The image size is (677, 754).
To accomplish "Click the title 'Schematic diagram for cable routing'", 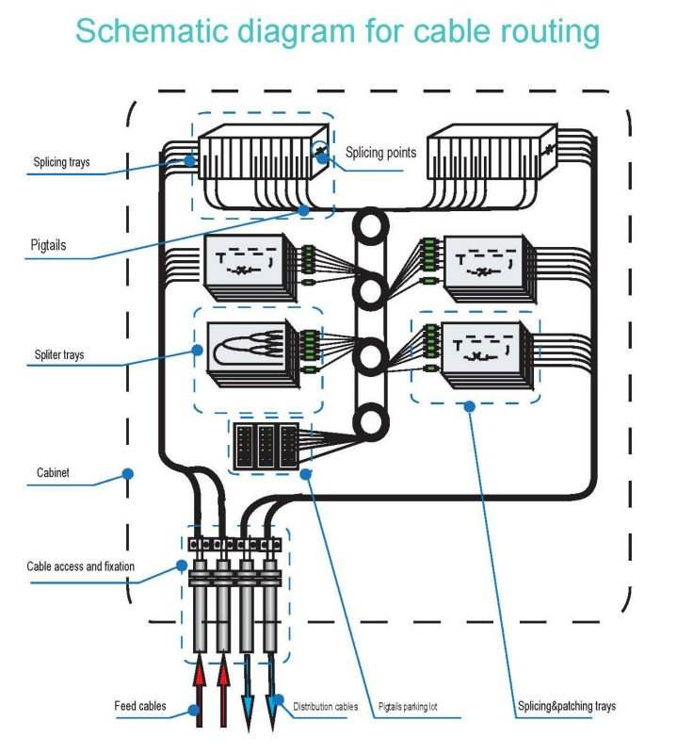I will coord(337,31).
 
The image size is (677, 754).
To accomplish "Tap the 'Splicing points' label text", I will coord(380,152).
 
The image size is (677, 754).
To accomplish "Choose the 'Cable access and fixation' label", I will coord(80,566).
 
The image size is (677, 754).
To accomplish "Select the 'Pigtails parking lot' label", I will coord(418,706).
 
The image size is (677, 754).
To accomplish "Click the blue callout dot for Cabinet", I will coord(128,473).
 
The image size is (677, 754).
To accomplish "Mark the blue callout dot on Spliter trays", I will coord(198,349).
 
